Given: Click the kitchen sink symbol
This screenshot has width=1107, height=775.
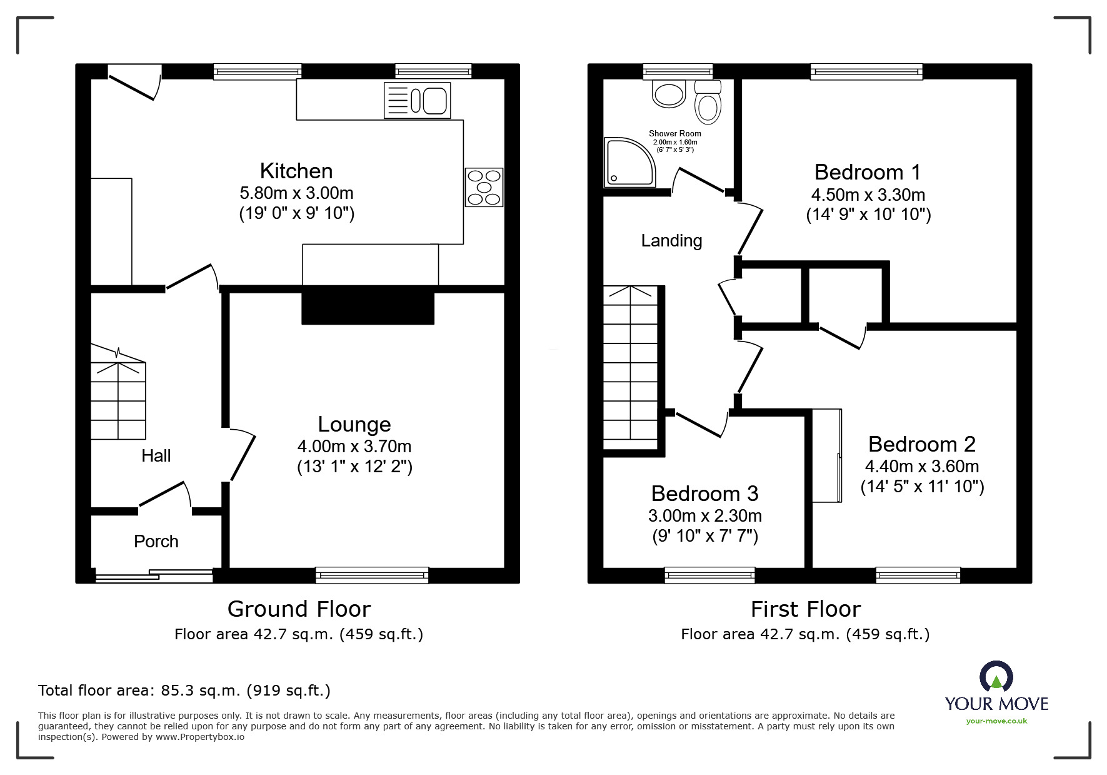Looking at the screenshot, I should pyautogui.click(x=417, y=100).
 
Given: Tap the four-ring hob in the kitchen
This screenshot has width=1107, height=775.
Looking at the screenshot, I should pyautogui.click(x=484, y=187).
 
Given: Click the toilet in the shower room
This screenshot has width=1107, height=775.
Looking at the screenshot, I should pyautogui.click(x=708, y=103).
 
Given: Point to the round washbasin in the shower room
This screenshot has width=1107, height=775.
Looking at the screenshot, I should pyautogui.click(x=668, y=94).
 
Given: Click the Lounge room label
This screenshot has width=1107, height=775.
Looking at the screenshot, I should pyautogui.click(x=354, y=424).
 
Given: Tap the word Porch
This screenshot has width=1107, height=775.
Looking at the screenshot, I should pyautogui.click(x=156, y=541).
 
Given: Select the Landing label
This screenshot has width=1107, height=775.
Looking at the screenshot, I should pyautogui.click(x=671, y=240).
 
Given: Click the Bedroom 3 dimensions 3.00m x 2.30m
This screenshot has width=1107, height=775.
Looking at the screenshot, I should pyautogui.click(x=704, y=515).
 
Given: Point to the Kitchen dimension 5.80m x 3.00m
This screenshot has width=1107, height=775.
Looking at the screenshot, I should pyautogui.click(x=296, y=193).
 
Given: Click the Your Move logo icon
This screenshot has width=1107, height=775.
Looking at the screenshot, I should pyautogui.click(x=996, y=678).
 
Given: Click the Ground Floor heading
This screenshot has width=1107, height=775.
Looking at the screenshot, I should pyautogui.click(x=299, y=609).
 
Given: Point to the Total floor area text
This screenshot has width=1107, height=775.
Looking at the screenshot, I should pyautogui.click(x=184, y=691).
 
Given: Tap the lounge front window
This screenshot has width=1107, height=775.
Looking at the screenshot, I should pyautogui.click(x=372, y=574).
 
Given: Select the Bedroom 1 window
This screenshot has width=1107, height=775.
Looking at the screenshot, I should pyautogui.click(x=866, y=72).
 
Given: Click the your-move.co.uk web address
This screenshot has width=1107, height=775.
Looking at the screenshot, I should pyautogui.click(x=996, y=721).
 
